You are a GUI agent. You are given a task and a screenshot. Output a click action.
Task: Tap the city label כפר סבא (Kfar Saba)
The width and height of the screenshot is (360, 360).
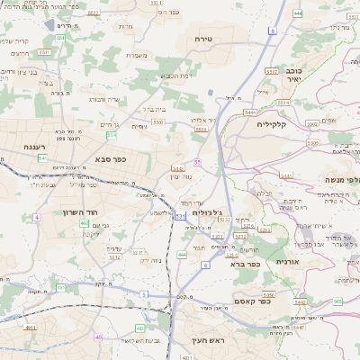pos(110,158)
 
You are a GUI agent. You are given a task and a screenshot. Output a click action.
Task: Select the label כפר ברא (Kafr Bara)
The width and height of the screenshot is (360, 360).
pos(246,265)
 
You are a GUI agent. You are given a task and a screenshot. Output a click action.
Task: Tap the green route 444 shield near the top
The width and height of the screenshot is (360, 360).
pos(297,13)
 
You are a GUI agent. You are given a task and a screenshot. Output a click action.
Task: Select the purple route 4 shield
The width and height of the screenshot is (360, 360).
pos(37,218)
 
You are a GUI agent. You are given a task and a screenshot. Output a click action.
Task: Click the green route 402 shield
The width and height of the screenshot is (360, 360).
pos(84,223)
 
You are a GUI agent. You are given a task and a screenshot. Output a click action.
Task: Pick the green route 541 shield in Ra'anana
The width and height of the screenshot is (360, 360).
pos(42,158)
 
